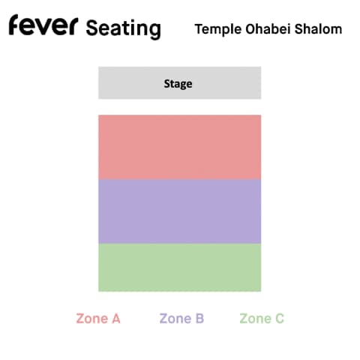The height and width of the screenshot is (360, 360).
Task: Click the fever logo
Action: tap(43, 25)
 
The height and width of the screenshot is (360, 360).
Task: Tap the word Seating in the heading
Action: tap(123, 28)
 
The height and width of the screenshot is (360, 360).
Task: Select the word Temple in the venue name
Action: tap(218, 29)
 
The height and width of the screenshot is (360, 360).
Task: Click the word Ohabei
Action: tap(268, 28)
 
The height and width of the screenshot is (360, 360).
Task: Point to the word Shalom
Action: tap(318, 28)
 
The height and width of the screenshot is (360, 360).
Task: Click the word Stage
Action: tap(178, 84)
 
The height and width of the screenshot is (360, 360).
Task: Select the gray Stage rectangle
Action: tap(179, 82)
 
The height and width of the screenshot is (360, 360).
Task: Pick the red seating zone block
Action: tap(179, 147)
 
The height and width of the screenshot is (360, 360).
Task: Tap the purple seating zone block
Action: tap(179, 211)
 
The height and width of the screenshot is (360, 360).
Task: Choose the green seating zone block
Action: tap(179, 268)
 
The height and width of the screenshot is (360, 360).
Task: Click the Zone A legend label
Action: tap(98, 319)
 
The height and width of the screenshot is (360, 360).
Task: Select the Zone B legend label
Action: tap(181, 319)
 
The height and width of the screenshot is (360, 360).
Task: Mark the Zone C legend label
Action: tap(262, 319)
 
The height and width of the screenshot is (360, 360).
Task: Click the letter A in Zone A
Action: tap(115, 319)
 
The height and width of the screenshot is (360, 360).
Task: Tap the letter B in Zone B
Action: tap(199, 319)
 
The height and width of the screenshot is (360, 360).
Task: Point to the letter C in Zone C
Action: tap(280, 319)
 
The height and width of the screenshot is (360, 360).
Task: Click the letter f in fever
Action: tap(14, 25)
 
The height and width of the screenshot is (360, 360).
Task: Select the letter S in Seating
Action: tap(91, 28)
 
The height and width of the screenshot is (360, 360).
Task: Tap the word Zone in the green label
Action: tap(255, 319)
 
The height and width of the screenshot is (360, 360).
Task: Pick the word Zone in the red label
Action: tap(91, 319)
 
